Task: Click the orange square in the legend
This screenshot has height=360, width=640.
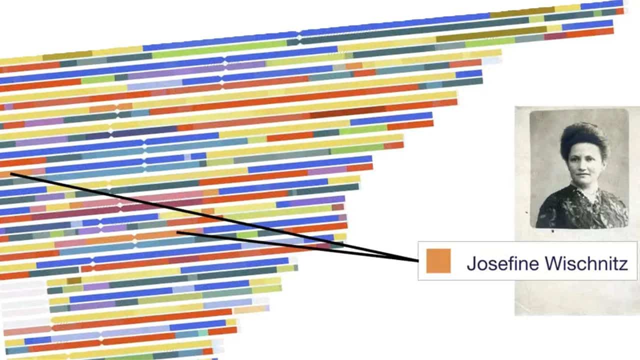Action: [x=438, y=261]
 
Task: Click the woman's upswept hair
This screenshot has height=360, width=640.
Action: [x=584, y=138]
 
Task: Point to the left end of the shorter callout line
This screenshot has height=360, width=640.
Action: [x=177, y=232]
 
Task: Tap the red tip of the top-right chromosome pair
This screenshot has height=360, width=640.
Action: [x=620, y=11]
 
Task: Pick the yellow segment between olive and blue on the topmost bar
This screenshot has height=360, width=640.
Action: [x=567, y=8]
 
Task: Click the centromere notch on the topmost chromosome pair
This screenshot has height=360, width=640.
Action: [x=299, y=35]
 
